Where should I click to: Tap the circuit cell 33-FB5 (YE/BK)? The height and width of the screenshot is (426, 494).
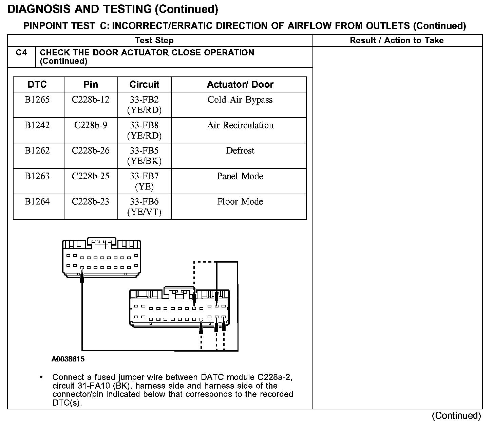[x=144, y=156]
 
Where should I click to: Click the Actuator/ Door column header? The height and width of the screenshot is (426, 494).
[x=240, y=84]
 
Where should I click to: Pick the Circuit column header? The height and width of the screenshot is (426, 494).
[x=144, y=84]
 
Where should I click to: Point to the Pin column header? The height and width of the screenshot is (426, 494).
[x=91, y=84]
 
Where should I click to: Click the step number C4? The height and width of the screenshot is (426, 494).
[x=21, y=53]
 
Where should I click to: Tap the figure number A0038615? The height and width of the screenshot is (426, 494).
[x=68, y=359]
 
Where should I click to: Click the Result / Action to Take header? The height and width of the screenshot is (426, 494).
[x=397, y=40]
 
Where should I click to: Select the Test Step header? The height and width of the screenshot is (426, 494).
[x=154, y=40]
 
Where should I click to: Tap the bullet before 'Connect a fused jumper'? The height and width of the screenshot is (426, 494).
[x=41, y=377]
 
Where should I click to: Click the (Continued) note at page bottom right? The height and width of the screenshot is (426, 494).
[x=456, y=415]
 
